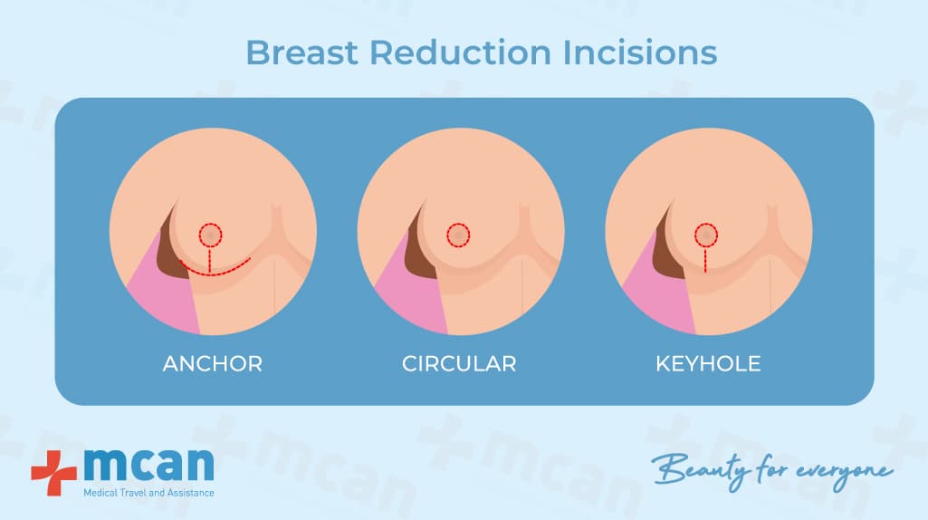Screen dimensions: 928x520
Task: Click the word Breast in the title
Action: [x=301, y=53]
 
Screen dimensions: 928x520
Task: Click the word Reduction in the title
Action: [x=461, y=53]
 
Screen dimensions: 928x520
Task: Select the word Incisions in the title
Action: [x=640, y=53]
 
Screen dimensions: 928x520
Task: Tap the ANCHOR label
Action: [x=213, y=363]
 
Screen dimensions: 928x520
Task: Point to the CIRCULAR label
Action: [x=459, y=363]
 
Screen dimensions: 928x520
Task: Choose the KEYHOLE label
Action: [x=708, y=363]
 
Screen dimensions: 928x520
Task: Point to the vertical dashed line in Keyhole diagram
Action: [x=706, y=260]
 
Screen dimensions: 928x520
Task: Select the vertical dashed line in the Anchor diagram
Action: [x=210, y=261]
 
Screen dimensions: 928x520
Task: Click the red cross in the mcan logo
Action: [x=53, y=473]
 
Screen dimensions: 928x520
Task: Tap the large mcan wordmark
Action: [x=148, y=466]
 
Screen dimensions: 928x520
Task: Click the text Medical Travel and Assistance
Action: [x=148, y=493]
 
